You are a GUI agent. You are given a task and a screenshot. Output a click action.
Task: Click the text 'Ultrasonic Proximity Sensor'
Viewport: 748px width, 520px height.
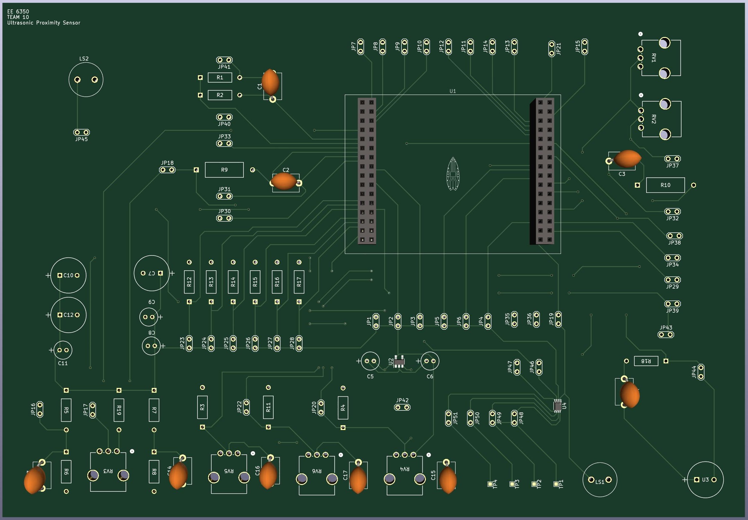pyautogui.click(x=44, y=23)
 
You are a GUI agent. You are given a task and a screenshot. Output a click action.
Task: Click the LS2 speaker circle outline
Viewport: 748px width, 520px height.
pyautogui.click(x=86, y=79)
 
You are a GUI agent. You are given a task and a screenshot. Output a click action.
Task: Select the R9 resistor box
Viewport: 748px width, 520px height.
pyautogui.click(x=224, y=170)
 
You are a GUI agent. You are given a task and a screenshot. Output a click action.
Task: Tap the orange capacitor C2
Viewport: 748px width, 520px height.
pyautogui.click(x=284, y=181)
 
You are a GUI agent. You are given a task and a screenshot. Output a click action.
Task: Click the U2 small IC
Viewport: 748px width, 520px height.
pyautogui.click(x=399, y=361)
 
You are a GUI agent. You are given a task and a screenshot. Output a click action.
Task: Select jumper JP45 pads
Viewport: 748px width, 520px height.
pyautogui.click(x=81, y=132)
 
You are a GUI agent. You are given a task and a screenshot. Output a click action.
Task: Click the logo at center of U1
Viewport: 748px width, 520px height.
pyautogui.click(x=453, y=174)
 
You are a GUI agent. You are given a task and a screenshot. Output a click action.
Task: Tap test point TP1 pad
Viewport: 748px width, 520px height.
pyautogui.click(x=556, y=484)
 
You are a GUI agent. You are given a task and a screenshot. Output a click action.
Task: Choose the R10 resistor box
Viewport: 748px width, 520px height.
pyautogui.click(x=665, y=185)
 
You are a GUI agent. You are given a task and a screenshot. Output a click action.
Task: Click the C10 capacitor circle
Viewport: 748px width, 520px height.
pyautogui.click(x=68, y=275)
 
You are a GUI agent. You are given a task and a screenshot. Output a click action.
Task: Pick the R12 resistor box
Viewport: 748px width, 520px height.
pyautogui.click(x=189, y=282)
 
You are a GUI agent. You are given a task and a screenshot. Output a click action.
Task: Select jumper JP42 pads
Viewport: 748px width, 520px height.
pyautogui.click(x=402, y=407)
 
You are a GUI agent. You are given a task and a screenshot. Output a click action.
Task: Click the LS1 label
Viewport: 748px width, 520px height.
pyautogui.click(x=600, y=481)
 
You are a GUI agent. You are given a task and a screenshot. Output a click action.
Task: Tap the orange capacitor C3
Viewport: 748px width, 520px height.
pyautogui.click(x=627, y=159)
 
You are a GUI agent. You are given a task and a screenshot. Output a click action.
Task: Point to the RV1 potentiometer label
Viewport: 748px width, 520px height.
pyautogui.click(x=654, y=58)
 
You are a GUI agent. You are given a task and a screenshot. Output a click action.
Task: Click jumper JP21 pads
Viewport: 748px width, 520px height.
pyautogui.click(x=551, y=49)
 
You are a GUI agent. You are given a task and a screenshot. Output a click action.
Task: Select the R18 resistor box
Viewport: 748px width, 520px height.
pyautogui.click(x=646, y=361)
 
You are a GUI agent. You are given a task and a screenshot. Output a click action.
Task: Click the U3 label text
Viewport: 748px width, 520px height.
pyautogui.click(x=705, y=480)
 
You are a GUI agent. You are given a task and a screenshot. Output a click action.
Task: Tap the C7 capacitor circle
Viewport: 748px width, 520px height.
pyautogui.click(x=152, y=273)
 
